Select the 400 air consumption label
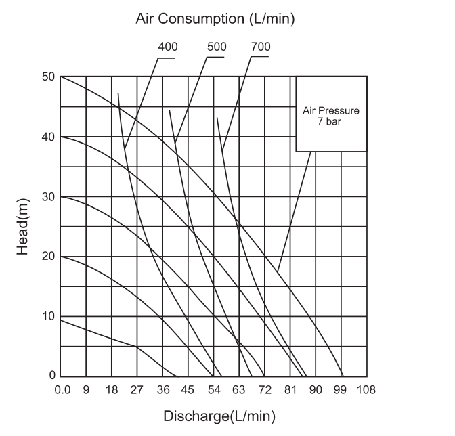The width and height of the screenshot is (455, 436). (167, 47)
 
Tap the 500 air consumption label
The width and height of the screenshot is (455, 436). (216, 47)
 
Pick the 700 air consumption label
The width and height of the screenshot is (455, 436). (260, 47)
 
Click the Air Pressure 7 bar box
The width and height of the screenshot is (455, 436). (331, 113)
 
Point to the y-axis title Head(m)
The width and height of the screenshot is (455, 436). (22, 227)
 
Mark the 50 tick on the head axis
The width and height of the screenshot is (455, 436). (47, 77)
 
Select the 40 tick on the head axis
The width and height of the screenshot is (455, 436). (47, 136)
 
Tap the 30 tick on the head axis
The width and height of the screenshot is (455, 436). (47, 196)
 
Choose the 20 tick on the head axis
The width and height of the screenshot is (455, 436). (47, 256)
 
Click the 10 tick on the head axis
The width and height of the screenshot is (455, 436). (47, 315)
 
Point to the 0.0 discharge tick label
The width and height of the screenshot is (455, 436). (62, 389)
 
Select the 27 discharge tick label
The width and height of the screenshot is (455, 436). (137, 389)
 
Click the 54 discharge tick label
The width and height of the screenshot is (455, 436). (213, 389)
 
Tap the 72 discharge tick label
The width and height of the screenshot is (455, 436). (264, 389)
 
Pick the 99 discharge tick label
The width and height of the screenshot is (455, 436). (341, 389)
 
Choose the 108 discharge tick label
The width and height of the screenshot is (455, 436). (366, 389)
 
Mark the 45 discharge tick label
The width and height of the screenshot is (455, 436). (188, 389)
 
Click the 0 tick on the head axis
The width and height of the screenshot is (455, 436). (51, 375)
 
